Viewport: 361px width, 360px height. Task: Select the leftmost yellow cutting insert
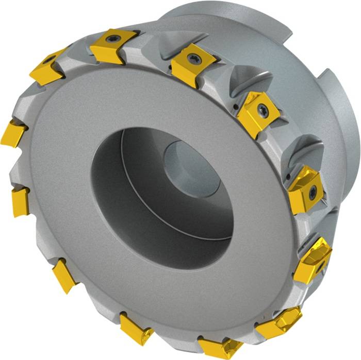[12, 133]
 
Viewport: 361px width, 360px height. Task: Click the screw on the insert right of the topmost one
[194, 58]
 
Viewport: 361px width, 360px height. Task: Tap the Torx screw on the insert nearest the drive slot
[262, 109]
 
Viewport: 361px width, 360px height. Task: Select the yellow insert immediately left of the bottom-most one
[135, 329]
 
